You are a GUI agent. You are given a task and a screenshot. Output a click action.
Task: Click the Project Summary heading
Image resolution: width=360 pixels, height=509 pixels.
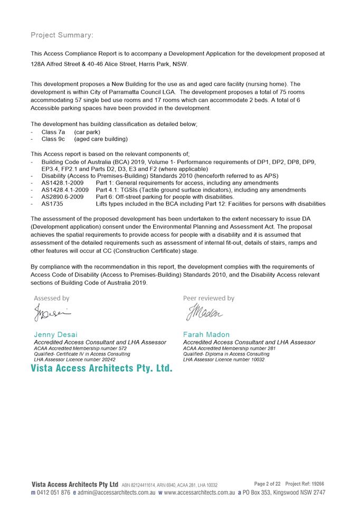pos(62,35)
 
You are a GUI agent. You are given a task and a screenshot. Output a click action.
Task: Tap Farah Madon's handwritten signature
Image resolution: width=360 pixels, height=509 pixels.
pos(204,314)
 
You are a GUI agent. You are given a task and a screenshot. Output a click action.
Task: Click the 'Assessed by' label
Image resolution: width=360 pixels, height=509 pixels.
pos(52,299)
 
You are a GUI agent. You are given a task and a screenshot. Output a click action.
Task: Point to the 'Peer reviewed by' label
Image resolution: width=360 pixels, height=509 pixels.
pos(209,299)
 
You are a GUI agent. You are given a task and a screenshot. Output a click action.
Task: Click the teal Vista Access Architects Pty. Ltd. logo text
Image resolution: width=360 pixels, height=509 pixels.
pos(101,368)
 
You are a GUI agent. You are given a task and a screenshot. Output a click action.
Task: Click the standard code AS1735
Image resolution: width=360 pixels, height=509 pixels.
pos(52,204)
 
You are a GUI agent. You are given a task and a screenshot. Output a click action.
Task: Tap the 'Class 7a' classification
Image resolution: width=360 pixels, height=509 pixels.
pos(53,132)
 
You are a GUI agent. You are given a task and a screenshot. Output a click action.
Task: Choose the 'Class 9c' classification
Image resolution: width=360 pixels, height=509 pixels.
pos(53,139)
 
